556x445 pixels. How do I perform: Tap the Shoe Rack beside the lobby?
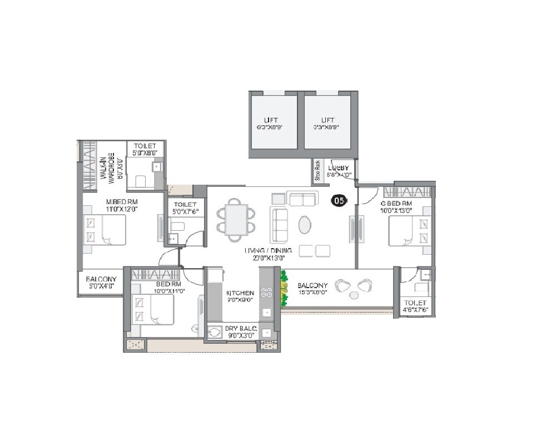pyautogui.click(x=317, y=171)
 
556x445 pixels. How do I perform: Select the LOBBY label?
pyautogui.click(x=339, y=167)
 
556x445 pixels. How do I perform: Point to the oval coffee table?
pyautogui.click(x=306, y=225)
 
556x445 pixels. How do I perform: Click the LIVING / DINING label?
pyautogui.click(x=268, y=251)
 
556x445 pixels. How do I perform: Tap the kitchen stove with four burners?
pyautogui.click(x=266, y=293)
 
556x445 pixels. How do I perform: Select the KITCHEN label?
pyautogui.click(x=240, y=293)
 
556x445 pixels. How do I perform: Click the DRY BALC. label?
pyautogui.click(x=240, y=329)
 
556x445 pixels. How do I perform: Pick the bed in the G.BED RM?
pyautogui.click(x=409, y=231)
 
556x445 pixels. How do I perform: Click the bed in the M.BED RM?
pyautogui.click(x=105, y=230)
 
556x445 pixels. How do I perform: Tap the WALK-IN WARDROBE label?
pyautogui.click(x=107, y=166)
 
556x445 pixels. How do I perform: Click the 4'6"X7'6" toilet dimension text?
pyautogui.click(x=415, y=311)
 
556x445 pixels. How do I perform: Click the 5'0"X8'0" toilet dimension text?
pyautogui.click(x=145, y=152)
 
